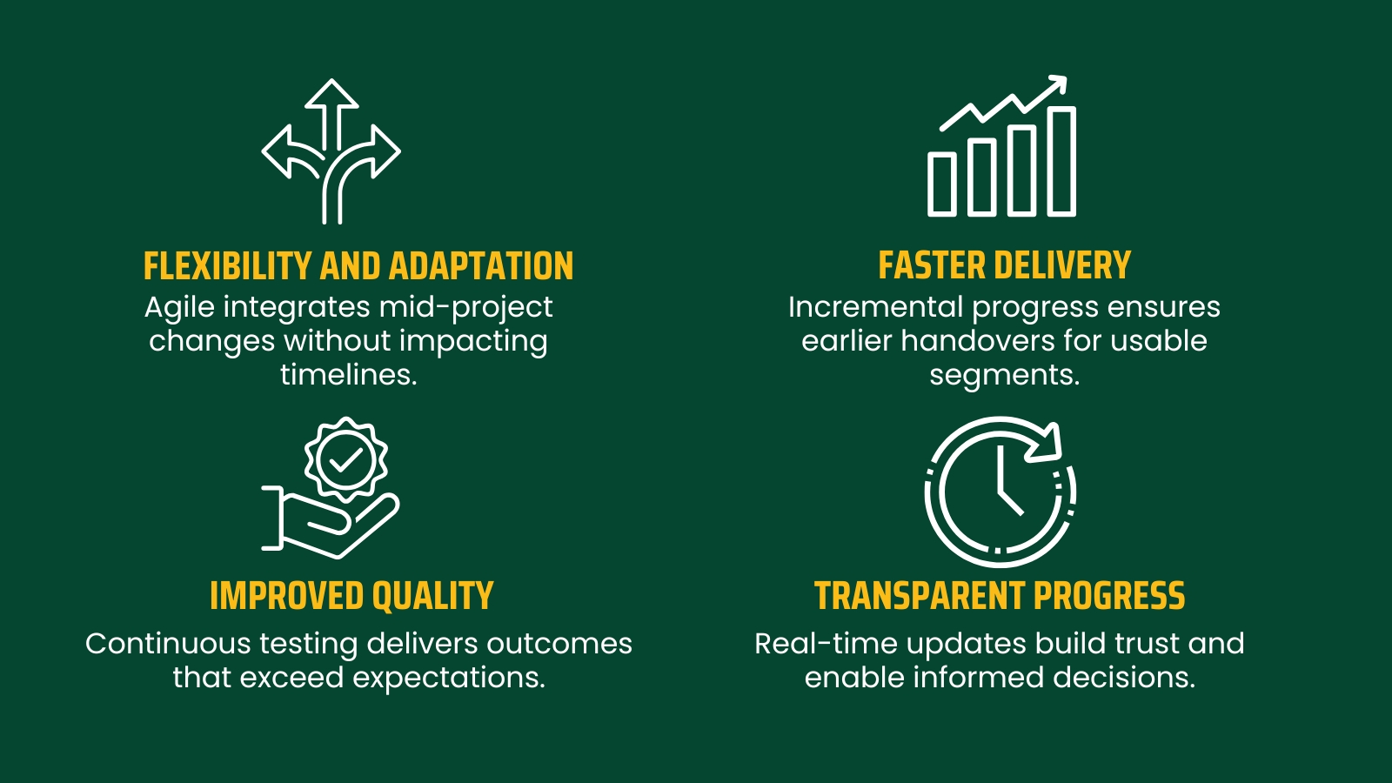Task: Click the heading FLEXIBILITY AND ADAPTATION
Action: tap(358, 266)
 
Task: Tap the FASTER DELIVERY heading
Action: tap(1004, 265)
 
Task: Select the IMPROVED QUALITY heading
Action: tap(351, 596)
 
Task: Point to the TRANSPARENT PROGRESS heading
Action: tap(1000, 596)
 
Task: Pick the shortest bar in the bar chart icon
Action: tap(942, 184)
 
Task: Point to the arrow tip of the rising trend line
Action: tap(1059, 84)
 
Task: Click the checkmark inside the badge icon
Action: tap(346, 459)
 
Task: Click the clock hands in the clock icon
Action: tap(1006, 487)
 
